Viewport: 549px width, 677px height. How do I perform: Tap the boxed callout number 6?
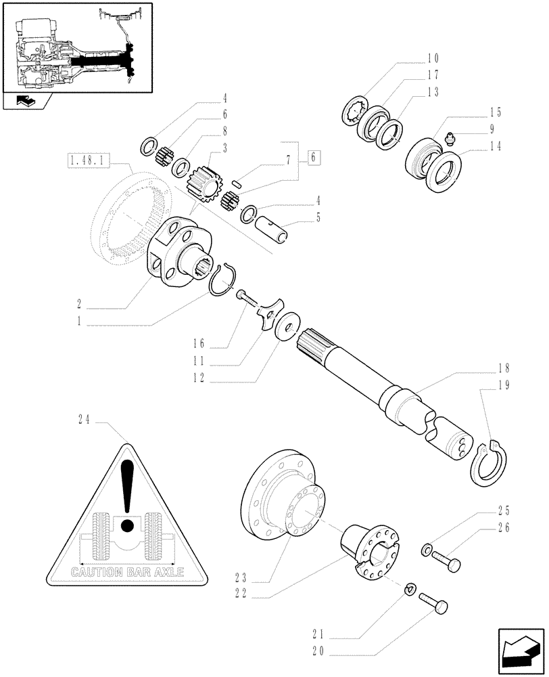[312, 158]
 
